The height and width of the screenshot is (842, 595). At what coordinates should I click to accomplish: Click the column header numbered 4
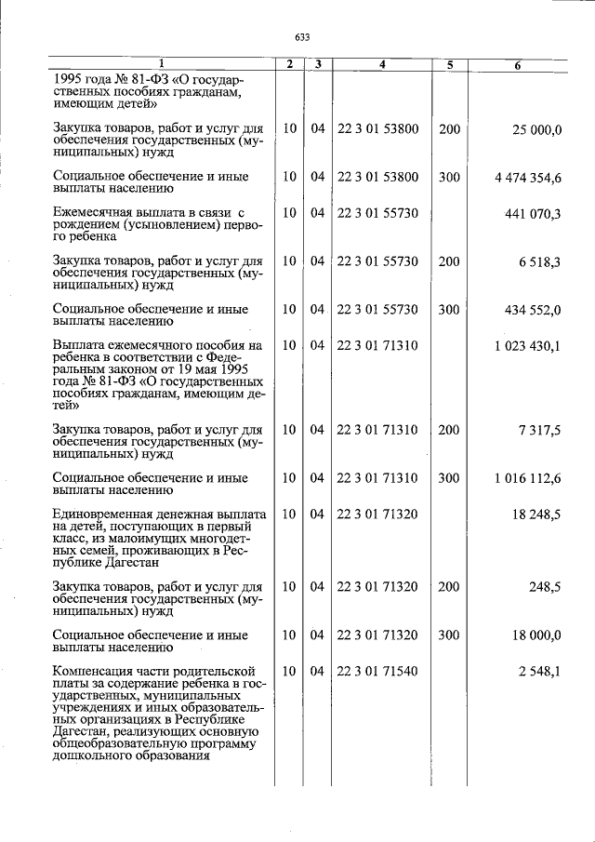click(x=381, y=65)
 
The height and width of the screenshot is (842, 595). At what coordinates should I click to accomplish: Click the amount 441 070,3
click(x=533, y=214)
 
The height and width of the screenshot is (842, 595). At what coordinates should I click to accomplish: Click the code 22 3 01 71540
click(x=377, y=671)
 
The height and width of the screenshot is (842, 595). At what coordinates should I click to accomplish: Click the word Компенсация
click(x=95, y=671)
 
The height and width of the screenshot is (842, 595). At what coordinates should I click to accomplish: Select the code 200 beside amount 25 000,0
click(x=449, y=128)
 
